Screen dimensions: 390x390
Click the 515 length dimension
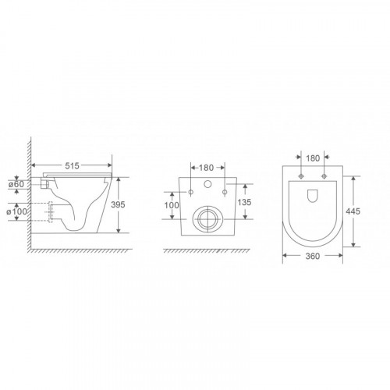coord(72,165)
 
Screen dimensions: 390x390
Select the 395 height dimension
coord(118,204)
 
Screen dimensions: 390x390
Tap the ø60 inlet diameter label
coord(16,184)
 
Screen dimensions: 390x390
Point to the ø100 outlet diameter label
coord(16,211)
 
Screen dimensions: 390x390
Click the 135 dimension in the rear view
coord(244,202)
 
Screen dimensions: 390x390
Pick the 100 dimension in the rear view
coord(172,205)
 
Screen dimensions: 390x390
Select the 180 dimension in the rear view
coord(206,168)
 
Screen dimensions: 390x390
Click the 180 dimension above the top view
coord(313,158)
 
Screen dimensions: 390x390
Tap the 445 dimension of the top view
coord(353,211)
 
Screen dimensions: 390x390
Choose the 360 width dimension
coord(313,256)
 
